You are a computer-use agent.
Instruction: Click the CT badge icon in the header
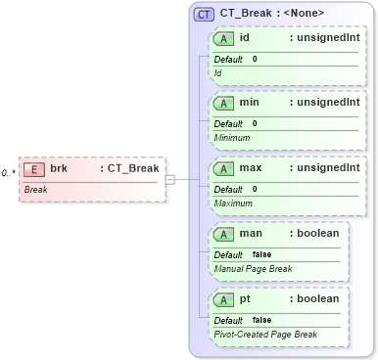click(204, 14)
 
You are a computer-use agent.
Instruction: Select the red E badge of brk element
click(34, 169)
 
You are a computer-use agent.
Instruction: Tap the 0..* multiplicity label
click(8, 173)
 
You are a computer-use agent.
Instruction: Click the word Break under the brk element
click(36, 189)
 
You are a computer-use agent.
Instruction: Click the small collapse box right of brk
click(169, 179)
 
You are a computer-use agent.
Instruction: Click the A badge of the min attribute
click(223, 103)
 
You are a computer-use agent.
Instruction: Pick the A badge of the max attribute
click(223, 168)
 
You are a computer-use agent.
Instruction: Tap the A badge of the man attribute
click(223, 234)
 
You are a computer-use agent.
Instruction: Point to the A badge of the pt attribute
click(223, 298)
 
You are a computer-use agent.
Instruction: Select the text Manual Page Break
click(253, 268)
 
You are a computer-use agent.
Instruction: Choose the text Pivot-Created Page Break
click(265, 334)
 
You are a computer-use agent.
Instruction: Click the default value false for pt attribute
click(261, 320)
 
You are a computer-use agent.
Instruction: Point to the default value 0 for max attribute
click(255, 189)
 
